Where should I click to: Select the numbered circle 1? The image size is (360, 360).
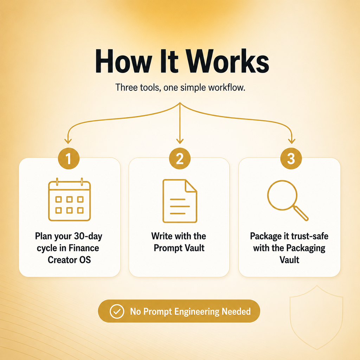tap(69, 159)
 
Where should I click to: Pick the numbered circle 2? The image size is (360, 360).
tap(180, 159)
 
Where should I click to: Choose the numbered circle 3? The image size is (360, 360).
tap(291, 159)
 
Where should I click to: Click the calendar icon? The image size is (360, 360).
tap(69, 200)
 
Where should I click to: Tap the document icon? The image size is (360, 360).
tap(180, 201)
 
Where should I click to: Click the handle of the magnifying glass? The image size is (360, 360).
tap(301, 213)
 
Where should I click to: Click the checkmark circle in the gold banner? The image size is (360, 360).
tap(117, 311)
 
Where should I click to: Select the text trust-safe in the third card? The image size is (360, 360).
tap(309, 236)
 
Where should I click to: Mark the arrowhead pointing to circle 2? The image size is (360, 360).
tap(180, 141)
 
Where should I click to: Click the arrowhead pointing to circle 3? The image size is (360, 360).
tap(291, 141)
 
